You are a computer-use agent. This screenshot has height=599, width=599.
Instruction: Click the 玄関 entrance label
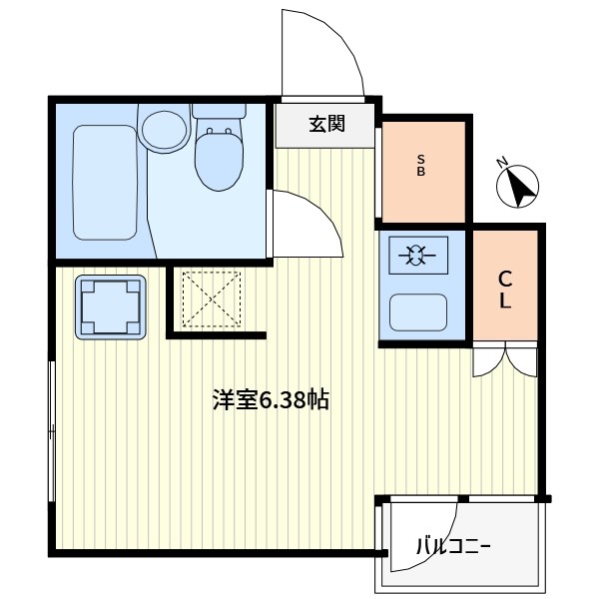tap(326, 125)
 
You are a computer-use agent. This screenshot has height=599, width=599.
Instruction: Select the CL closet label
tap(505, 290)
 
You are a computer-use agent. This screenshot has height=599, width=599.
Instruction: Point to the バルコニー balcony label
tap(454, 547)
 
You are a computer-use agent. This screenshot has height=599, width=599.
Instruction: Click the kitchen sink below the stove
tap(417, 312)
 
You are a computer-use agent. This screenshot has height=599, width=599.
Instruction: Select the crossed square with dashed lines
tap(210, 299)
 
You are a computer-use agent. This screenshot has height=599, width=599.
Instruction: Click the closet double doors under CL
tap(505, 358)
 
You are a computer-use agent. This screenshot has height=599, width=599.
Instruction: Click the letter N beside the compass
tap(503, 164)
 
